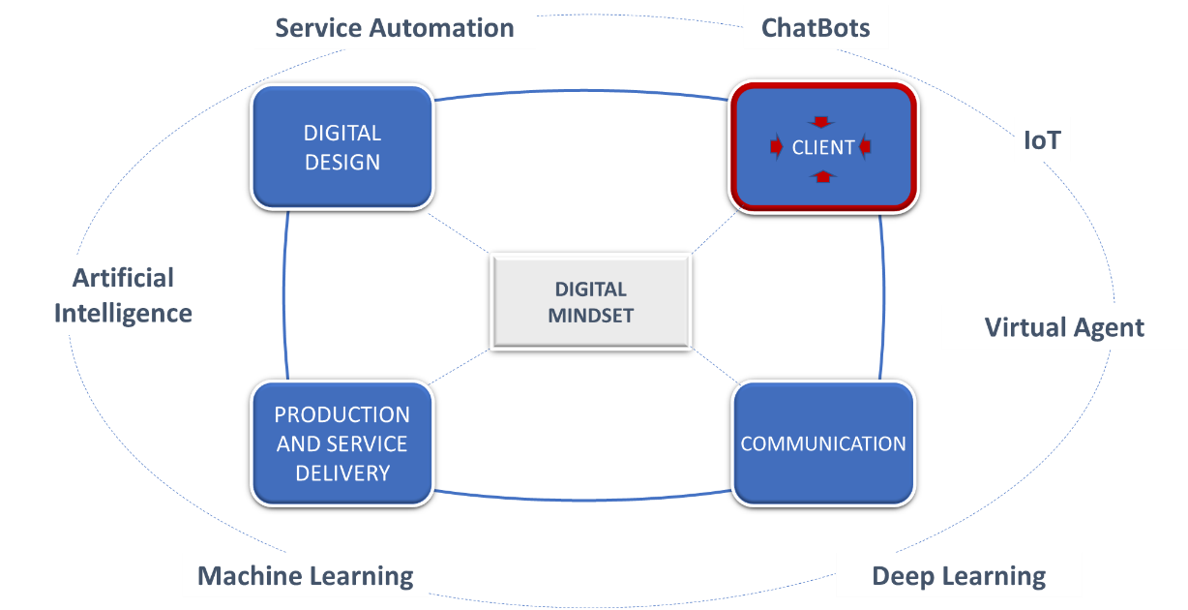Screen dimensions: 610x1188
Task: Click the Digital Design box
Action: (x=342, y=147)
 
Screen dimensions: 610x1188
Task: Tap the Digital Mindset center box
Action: (x=591, y=301)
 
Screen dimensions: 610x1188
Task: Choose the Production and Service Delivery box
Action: (x=342, y=443)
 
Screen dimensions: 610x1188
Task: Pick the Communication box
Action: (x=823, y=443)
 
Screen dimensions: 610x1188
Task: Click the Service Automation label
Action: (x=395, y=27)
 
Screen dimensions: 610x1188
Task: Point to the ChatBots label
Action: (x=816, y=28)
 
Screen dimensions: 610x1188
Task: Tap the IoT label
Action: (x=1042, y=142)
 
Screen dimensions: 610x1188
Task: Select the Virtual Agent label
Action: (x=1064, y=327)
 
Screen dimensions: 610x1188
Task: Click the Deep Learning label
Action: (x=959, y=577)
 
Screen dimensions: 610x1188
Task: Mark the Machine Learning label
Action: (x=306, y=576)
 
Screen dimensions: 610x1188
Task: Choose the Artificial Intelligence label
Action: (x=123, y=295)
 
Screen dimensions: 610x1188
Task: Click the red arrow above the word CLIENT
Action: (x=821, y=122)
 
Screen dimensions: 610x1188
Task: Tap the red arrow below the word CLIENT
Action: (x=821, y=175)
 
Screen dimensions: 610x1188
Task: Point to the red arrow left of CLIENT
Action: (x=776, y=147)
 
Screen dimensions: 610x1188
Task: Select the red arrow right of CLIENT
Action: (x=866, y=147)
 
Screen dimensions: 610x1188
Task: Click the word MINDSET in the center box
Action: (x=591, y=315)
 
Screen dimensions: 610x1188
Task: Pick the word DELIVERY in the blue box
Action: (x=342, y=473)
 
